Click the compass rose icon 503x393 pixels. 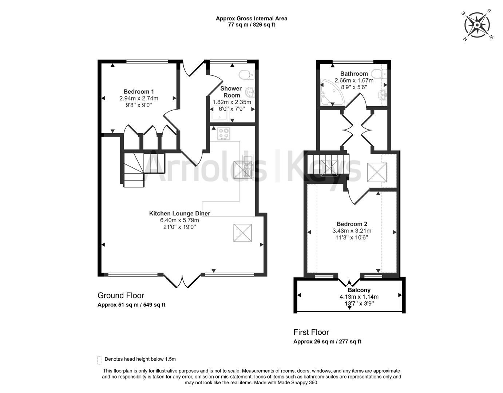pyautogui.click(x=476, y=25)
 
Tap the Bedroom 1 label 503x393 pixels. pyautogui.click(x=139, y=92)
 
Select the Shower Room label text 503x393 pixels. pyautogui.click(x=231, y=92)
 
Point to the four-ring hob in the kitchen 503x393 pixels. pyautogui.click(x=224, y=134)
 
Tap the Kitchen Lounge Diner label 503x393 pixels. pyautogui.click(x=179, y=214)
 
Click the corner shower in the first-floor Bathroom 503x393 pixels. pyautogui.click(x=329, y=93)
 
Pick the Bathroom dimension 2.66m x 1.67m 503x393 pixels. pyautogui.click(x=354, y=80)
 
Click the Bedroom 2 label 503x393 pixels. pyautogui.click(x=352, y=224)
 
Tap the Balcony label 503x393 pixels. pyautogui.click(x=359, y=290)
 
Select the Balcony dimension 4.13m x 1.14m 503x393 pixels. pyautogui.click(x=359, y=297)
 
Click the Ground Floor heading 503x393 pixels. pyautogui.click(x=121, y=295)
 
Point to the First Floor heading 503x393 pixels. pyautogui.click(x=311, y=332)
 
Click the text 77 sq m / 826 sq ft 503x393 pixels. pyautogui.click(x=251, y=25)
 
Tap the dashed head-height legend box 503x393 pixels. pyautogui.click(x=99, y=360)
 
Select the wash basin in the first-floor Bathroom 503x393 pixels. pyautogui.click(x=382, y=95)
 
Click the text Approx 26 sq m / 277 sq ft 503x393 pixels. pyautogui.click(x=327, y=342)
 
